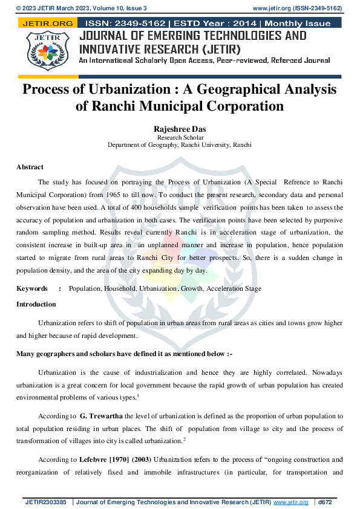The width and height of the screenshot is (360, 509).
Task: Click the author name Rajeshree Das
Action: pyautogui.click(x=180, y=129)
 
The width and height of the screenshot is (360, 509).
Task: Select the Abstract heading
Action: pyautogui.click(x=30, y=167)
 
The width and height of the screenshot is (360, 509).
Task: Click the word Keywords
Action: pyautogui.click(x=32, y=288)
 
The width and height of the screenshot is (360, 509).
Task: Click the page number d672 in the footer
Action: pyautogui.click(x=325, y=502)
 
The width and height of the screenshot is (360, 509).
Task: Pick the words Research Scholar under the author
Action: pyautogui.click(x=179, y=138)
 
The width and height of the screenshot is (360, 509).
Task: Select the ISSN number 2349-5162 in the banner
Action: pyautogui.click(x=130, y=24)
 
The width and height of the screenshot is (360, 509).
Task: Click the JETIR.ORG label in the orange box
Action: pyautogui.click(x=47, y=24)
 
